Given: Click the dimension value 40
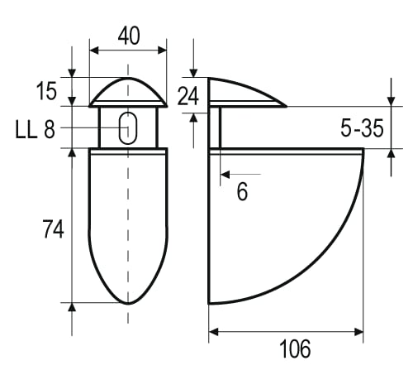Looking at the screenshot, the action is tap(129, 36).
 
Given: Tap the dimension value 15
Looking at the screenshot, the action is tap(46, 91).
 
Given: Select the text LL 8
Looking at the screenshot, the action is tap(36, 129).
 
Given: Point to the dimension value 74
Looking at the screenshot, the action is tap(54, 229).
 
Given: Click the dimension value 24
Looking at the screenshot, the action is tap(188, 96).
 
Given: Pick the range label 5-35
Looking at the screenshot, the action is tap(362, 128).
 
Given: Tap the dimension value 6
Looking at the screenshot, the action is tap(242, 191).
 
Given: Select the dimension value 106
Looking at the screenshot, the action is tap(295, 349).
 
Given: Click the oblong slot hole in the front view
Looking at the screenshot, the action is tap(128, 128).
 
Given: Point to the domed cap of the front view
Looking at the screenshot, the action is tap(128, 92).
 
